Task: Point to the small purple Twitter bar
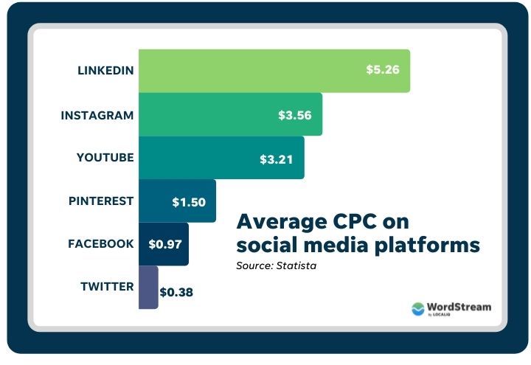[x=147, y=287]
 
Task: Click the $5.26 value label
[x=383, y=71]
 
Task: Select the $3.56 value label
[x=294, y=115]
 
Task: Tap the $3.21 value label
[x=277, y=159]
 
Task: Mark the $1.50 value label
[x=189, y=201]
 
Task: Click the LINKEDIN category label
[x=105, y=71]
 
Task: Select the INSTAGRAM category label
[x=97, y=115]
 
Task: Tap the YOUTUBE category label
[x=105, y=158]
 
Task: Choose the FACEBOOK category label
[x=101, y=243]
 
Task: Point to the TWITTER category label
[x=106, y=287]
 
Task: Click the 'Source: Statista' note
[x=276, y=265]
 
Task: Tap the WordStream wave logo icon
[x=419, y=308]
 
